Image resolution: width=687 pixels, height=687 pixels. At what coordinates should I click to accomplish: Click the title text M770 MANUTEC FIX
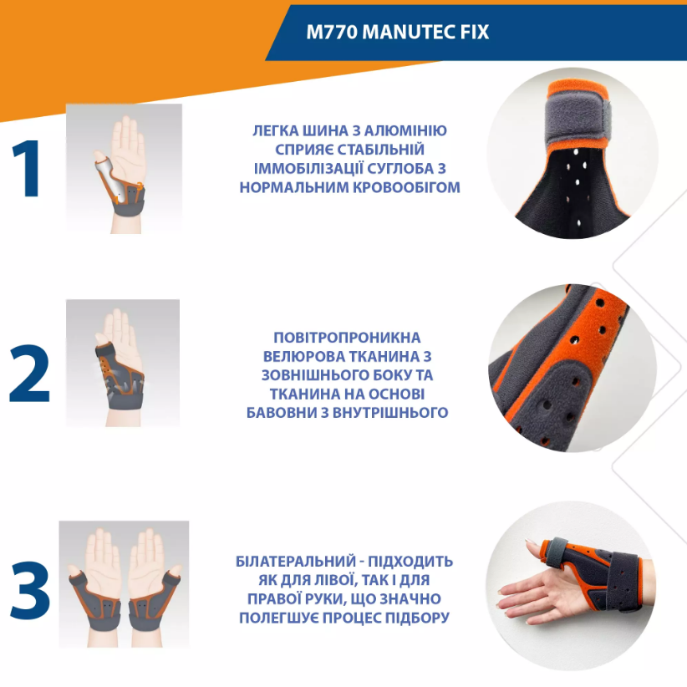(x=397, y=32)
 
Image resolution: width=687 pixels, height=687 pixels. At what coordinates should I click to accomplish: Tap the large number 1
(x=28, y=169)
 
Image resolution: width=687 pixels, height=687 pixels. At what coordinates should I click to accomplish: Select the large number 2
(x=29, y=374)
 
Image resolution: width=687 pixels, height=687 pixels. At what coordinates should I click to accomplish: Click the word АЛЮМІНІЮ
(x=405, y=131)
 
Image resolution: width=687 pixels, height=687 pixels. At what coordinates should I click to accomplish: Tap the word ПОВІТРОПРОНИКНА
(x=347, y=338)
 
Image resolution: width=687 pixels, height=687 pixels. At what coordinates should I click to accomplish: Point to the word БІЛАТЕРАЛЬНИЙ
(x=296, y=562)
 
